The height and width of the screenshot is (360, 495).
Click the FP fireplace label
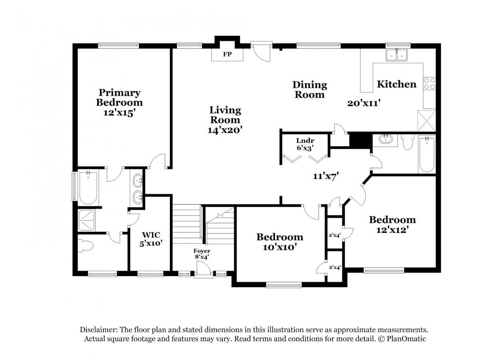click(227, 54)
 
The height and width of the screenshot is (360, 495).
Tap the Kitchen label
click(396, 84)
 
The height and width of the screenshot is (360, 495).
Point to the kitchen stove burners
click(429, 84)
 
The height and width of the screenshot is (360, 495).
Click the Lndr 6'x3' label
click(305, 144)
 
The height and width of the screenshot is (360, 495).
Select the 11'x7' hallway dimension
click(326, 176)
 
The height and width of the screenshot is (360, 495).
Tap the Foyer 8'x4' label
click(202, 254)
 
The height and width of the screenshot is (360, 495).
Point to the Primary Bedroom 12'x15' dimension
click(119, 113)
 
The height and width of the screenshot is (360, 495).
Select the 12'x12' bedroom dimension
click(392, 230)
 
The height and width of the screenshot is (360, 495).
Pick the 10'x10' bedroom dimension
click(279, 247)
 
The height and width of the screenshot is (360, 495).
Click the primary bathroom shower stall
click(86, 221)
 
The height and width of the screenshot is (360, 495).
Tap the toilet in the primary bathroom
click(85, 245)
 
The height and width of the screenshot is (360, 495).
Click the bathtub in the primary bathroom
click(88, 188)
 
